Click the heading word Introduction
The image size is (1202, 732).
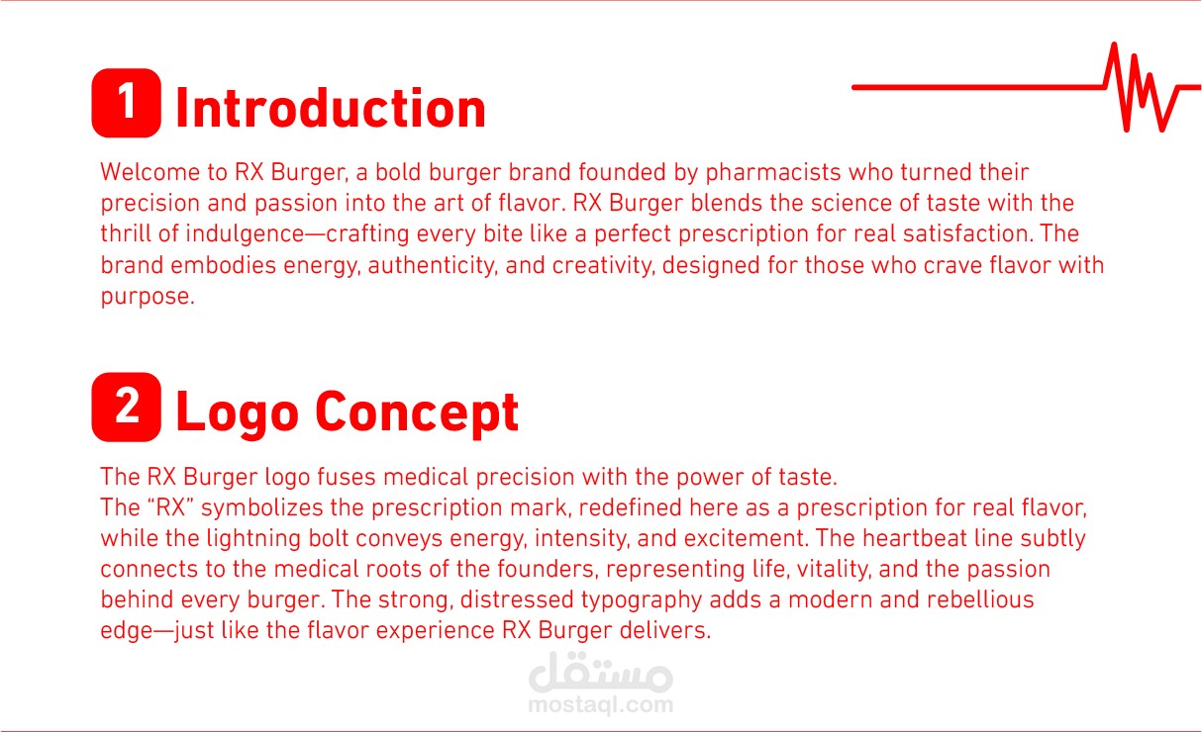click(331, 109)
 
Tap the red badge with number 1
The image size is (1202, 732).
click(126, 103)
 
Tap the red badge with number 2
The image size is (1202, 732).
click(126, 407)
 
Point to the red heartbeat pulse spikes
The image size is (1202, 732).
click(1143, 87)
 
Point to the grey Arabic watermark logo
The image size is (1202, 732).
click(601, 672)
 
